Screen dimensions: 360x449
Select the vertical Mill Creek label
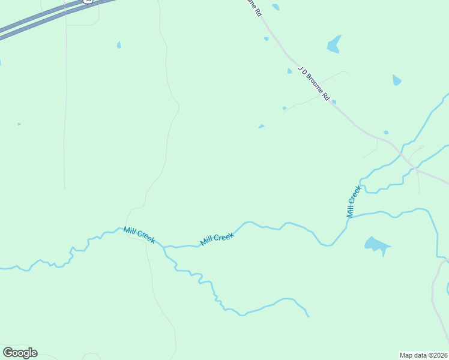pyautogui.click(x=354, y=201)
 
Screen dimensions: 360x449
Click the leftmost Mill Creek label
pyautogui.click(x=139, y=235)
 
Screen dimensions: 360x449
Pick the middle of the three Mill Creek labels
pyautogui.click(x=217, y=239)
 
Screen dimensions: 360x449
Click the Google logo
pyautogui.click(x=20, y=353)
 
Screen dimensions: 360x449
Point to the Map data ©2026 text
pyautogui.click(x=424, y=355)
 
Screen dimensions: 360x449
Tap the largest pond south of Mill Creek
pyautogui.click(x=376, y=245)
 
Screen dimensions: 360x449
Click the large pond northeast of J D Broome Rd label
pyautogui.click(x=334, y=44)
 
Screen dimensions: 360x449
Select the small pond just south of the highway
pyautogui.click(x=119, y=44)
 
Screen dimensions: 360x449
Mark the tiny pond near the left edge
pyautogui.click(x=19, y=124)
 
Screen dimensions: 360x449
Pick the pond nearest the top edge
pyautogui.click(x=276, y=7)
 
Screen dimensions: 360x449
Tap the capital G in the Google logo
pyautogui.click(x=7, y=353)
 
